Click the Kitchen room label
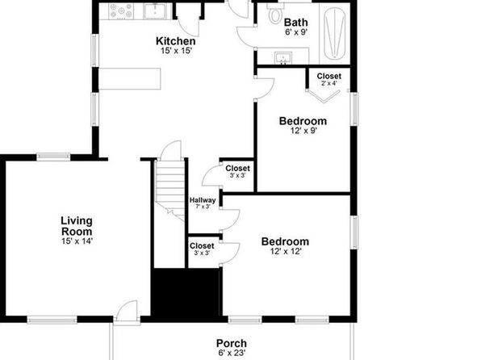tap(175, 41)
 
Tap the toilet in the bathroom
tap(275, 14)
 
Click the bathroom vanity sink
tap(283, 58)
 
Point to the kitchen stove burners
tap(121, 11)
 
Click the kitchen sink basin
tap(155, 11)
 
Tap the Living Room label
tap(77, 226)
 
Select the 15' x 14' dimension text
tap(77, 241)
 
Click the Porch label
tap(232, 343)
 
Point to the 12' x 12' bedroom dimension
tap(286, 252)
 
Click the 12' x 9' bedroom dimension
tap(303, 131)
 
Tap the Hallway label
tap(203, 200)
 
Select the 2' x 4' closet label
tap(329, 83)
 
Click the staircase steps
tap(170, 187)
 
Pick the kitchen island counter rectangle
tap(130, 78)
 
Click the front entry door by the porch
tap(127, 312)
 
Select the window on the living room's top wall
tap(53, 157)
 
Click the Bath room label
tap(295, 23)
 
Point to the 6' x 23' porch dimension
tap(232, 354)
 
